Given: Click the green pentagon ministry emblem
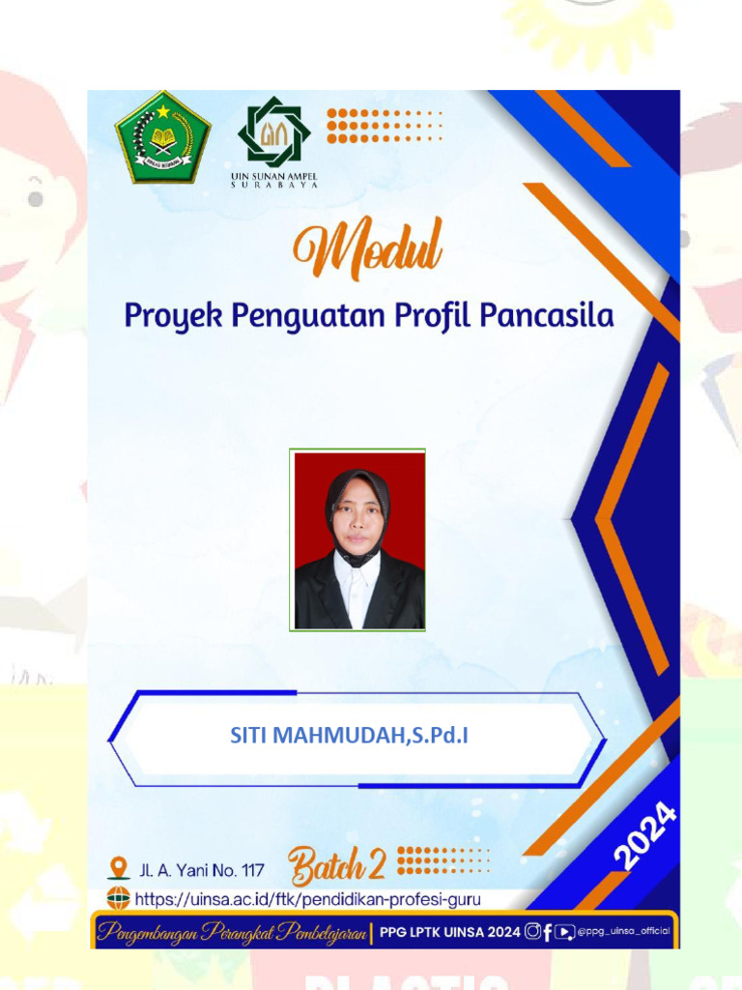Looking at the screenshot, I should pos(162,137).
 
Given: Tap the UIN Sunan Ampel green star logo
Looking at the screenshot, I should pos(274,131).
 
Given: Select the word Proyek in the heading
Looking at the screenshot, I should pos(165,316).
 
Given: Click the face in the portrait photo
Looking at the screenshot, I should pos(358,514).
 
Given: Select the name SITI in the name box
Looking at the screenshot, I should pos(248,736).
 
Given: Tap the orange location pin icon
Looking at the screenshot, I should pos(119,866).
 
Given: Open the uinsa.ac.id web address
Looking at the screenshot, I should pos(307,899).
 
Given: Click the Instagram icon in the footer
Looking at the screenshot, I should pos(532,932).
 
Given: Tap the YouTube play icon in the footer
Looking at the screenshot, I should pos(565,932).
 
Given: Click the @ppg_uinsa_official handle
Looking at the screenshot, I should pos(624,932).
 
